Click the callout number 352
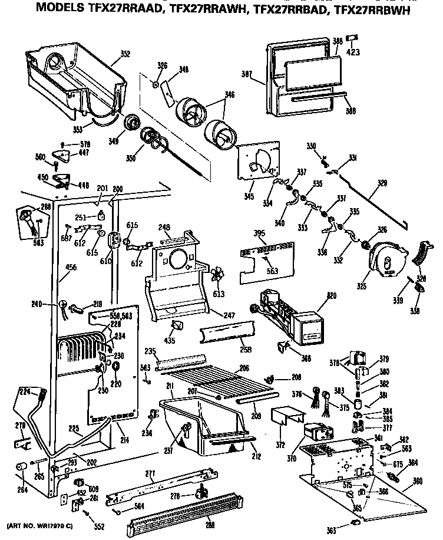[125, 54]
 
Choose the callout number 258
[246, 350]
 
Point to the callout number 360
[418, 482]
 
